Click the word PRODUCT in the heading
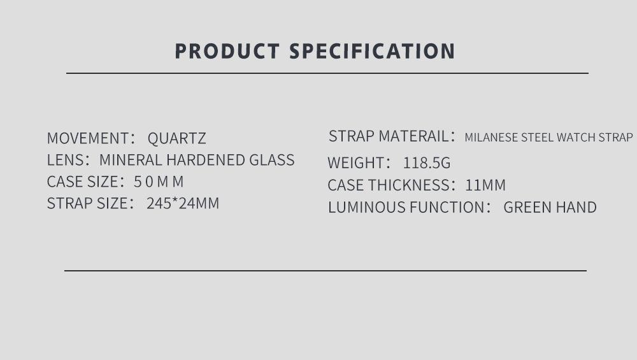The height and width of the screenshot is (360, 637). pyautogui.click(x=227, y=51)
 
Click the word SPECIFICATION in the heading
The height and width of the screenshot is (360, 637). pyautogui.click(x=372, y=51)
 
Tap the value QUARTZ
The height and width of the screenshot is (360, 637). pyautogui.click(x=176, y=138)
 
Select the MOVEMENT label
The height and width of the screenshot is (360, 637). pyautogui.click(x=88, y=138)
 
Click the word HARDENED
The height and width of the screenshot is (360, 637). pyautogui.click(x=206, y=160)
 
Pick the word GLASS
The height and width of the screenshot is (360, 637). pyautogui.click(x=272, y=160)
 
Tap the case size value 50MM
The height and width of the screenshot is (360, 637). pyautogui.click(x=159, y=182)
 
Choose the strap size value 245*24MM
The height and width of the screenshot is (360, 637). pyautogui.click(x=183, y=203)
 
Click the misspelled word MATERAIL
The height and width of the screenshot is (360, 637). pyautogui.click(x=413, y=136)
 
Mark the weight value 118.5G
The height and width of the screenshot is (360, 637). pyautogui.click(x=427, y=163)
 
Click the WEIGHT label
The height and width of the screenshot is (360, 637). pyautogui.click(x=356, y=163)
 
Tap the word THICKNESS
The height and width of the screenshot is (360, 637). pyautogui.click(x=409, y=185)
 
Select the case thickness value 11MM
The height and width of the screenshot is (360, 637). pyautogui.click(x=485, y=185)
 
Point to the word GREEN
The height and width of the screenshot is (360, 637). pyautogui.click(x=527, y=207)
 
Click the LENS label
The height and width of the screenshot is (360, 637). pyautogui.click(x=66, y=160)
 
